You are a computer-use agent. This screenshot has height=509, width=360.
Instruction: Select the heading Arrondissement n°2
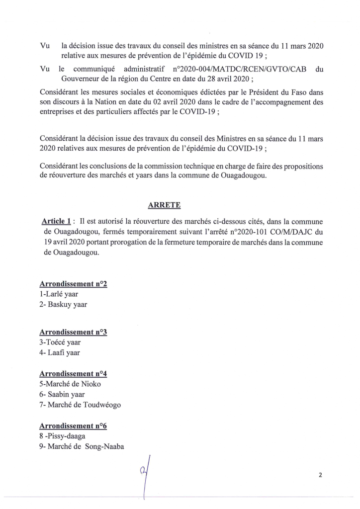coord(73,284)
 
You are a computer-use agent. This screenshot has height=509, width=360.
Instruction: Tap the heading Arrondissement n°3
coord(73,332)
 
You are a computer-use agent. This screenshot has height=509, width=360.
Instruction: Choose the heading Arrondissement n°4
coord(73,374)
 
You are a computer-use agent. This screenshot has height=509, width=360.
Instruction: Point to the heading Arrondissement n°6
coord(73,426)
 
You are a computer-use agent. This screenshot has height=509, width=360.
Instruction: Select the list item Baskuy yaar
coord(63,304)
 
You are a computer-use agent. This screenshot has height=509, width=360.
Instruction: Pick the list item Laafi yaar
coord(62,353)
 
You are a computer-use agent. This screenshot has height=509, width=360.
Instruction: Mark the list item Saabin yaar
coord(63,395)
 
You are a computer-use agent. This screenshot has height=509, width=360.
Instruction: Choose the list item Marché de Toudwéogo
coord(81,405)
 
